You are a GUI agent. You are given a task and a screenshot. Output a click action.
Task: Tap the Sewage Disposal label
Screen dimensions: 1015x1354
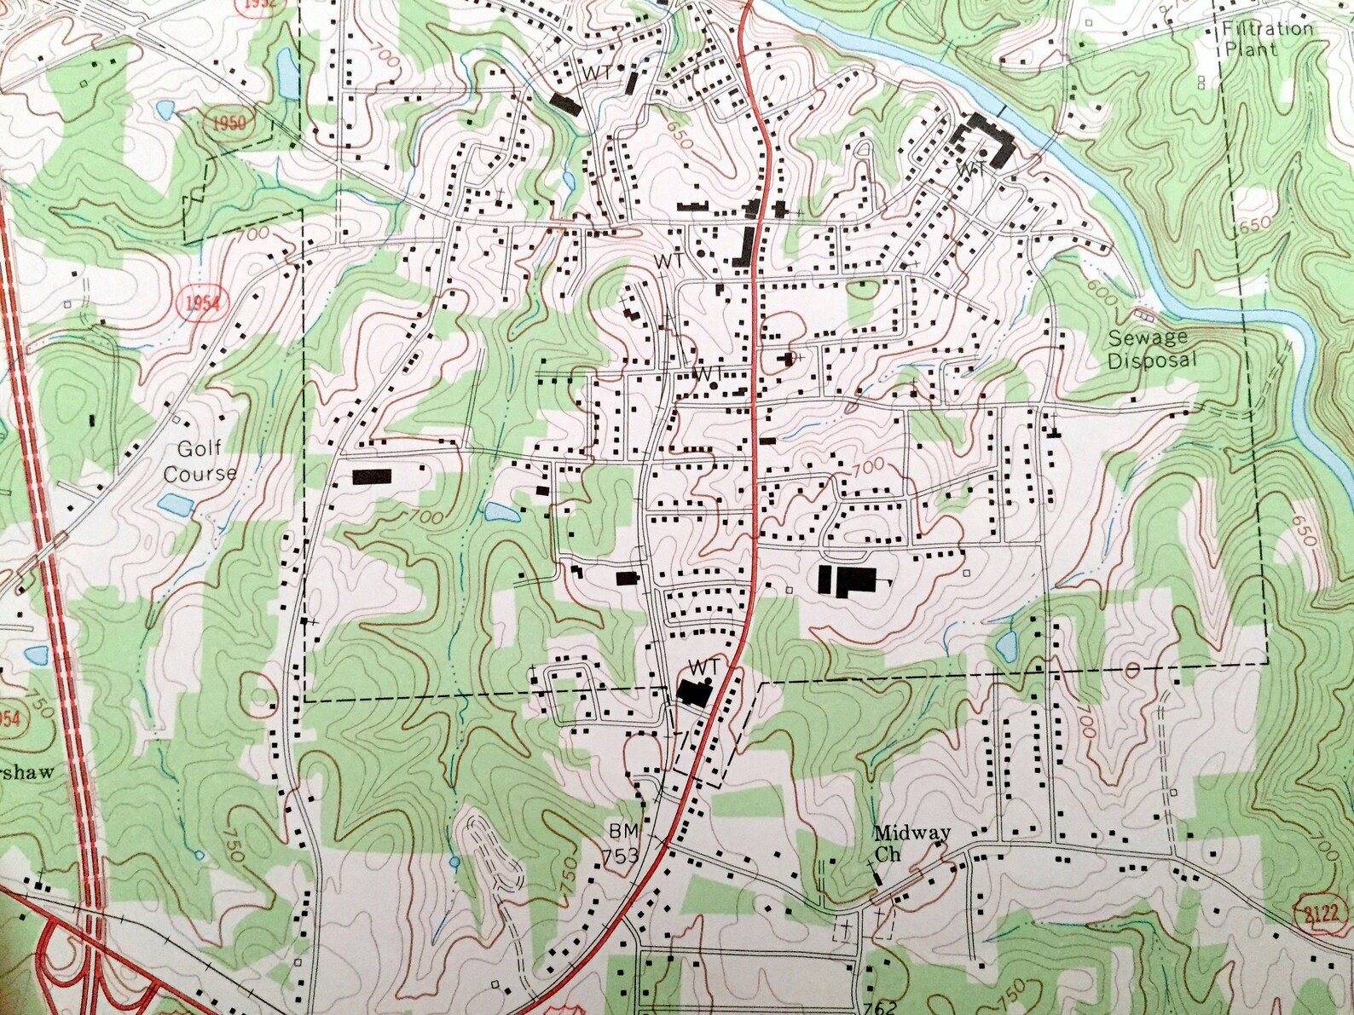[x=1152, y=349]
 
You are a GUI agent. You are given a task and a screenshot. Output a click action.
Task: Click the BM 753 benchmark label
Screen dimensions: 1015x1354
[x=622, y=844]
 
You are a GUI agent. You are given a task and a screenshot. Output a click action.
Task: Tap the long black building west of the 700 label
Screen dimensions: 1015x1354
[x=371, y=476]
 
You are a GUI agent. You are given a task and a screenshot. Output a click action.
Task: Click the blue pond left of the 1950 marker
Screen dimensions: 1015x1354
[x=165, y=110]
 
